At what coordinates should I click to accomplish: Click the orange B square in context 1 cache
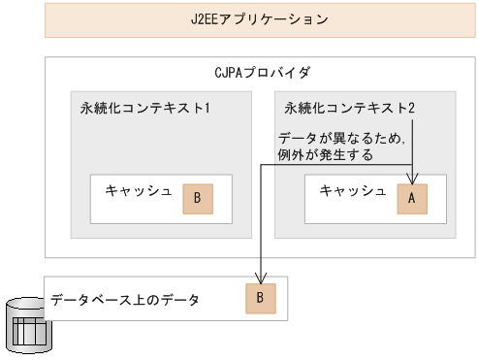[197, 198]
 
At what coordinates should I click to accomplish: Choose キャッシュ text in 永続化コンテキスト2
[352, 190]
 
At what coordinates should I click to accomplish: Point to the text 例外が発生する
[326, 154]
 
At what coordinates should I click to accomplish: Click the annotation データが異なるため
[340, 138]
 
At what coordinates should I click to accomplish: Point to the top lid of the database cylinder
[29, 308]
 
